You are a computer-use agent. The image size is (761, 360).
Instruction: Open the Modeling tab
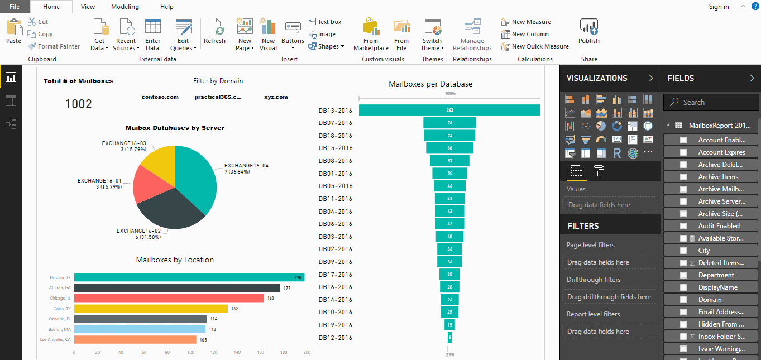[125, 7]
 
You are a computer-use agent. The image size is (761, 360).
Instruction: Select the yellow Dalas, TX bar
[151, 309]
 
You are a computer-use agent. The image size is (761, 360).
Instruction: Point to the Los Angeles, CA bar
[135, 339]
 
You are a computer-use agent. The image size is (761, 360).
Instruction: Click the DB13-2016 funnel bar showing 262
[449, 110]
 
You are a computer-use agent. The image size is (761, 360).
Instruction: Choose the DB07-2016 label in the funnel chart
[336, 123]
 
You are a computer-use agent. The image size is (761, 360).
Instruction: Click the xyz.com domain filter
[276, 97]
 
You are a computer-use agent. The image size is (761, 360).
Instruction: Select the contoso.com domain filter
[160, 97]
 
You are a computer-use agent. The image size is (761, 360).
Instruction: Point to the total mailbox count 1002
[79, 104]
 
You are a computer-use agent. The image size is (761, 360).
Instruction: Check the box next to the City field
[683, 251]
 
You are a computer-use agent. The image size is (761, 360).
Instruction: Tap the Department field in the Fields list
[716, 275]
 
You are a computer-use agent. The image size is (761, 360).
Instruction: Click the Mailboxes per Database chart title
[430, 84]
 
